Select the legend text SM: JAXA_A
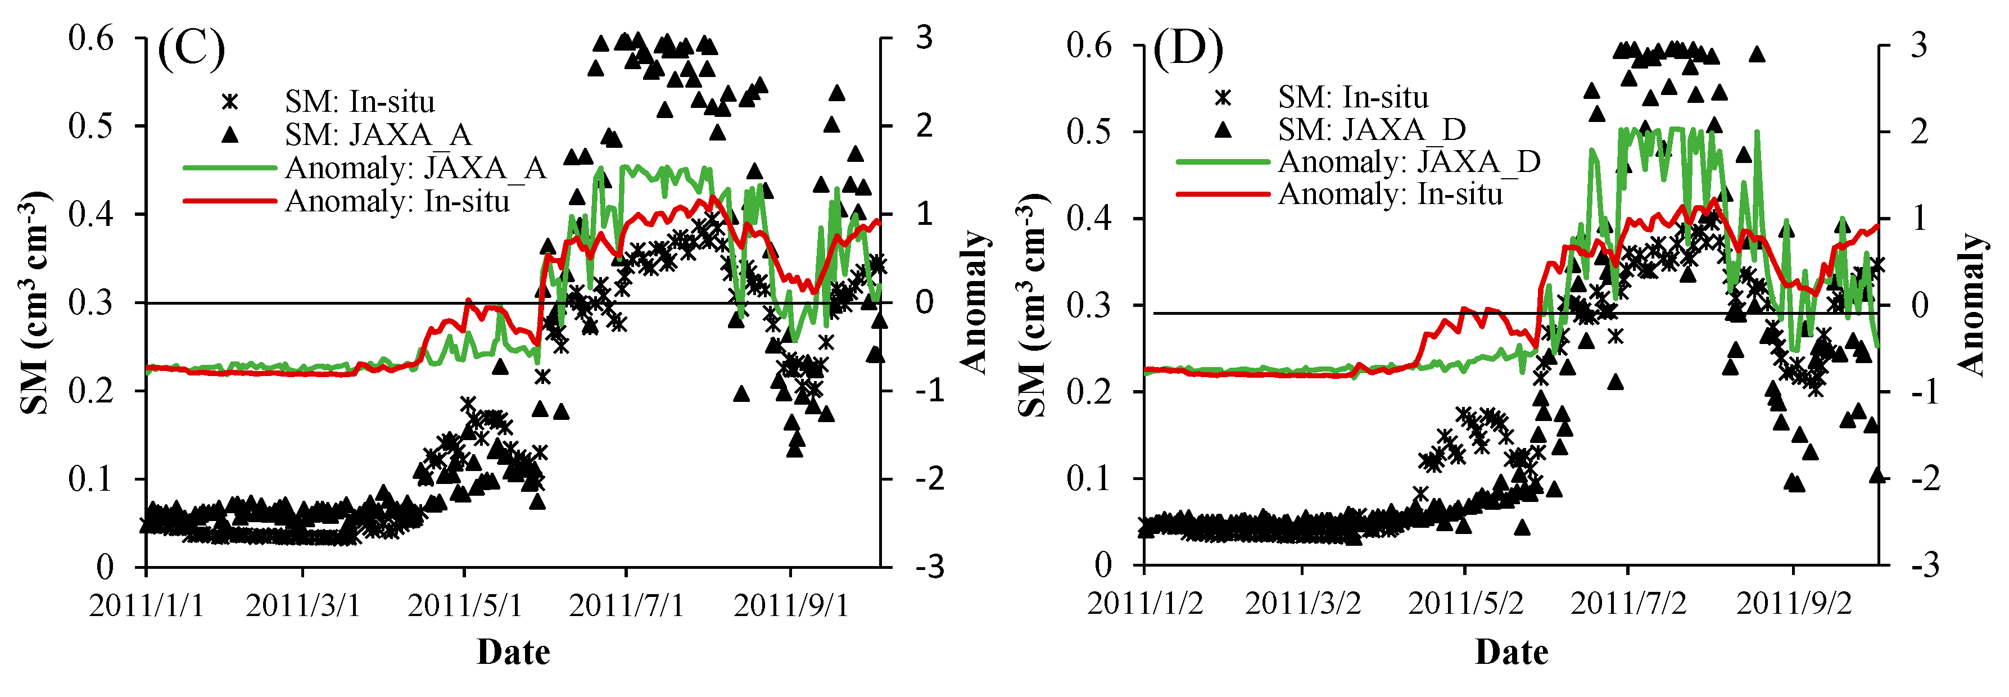pyautogui.click(x=378, y=135)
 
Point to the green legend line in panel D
pyautogui.click(x=1223, y=162)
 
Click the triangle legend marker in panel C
pyautogui.click(x=229, y=135)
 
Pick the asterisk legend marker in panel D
pyautogui.click(x=1223, y=97)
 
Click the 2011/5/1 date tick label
pyautogui.click(x=465, y=606)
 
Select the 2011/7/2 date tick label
pyautogui.click(x=1628, y=604)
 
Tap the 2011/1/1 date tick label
pyautogui.click(x=147, y=606)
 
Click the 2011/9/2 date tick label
pyautogui.click(x=1793, y=604)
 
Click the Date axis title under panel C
pyautogui.click(x=513, y=652)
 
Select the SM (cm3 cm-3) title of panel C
pyautogui.click(x=35, y=302)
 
